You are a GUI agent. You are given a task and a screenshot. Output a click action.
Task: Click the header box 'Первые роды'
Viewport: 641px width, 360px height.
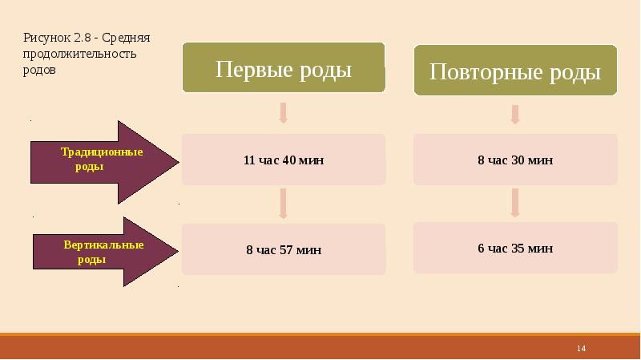[283, 69]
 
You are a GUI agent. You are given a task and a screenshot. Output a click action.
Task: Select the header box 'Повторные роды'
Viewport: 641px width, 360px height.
[515, 72]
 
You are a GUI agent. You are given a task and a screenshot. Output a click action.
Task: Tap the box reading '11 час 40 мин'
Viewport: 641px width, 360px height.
[283, 160]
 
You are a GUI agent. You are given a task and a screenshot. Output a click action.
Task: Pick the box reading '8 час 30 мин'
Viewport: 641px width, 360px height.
[515, 160]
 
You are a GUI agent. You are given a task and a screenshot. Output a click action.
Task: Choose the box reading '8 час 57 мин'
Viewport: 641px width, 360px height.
[283, 249]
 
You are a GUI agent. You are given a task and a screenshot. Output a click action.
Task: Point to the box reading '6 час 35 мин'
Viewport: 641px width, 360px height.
[515, 249]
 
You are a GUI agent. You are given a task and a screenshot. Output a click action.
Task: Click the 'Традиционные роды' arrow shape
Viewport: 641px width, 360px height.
[104, 163]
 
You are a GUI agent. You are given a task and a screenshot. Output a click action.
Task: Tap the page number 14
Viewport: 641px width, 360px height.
[582, 348]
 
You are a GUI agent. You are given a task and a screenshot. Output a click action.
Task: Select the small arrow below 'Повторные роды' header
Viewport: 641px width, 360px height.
[515, 114]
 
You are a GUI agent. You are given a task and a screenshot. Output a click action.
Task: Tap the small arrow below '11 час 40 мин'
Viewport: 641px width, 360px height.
[283, 204]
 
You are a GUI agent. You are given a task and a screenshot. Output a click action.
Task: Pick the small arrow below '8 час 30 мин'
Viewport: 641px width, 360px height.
[515, 203]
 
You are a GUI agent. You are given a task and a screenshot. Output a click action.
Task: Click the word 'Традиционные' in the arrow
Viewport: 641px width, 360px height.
[103, 152]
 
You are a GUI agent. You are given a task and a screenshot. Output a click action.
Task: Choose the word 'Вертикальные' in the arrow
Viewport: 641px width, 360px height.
[104, 245]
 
